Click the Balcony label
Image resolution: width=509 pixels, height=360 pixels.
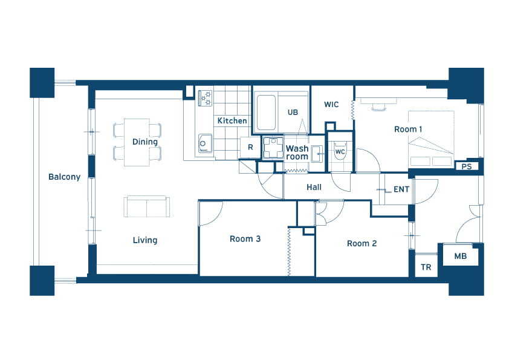pos(64,177)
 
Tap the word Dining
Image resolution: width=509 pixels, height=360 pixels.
pos(144,142)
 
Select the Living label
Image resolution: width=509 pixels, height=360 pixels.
pos(145,240)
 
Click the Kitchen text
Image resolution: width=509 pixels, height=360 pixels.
pos(232,121)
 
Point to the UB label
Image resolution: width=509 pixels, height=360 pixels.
pos(293,113)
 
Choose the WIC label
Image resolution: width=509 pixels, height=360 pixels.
pos(331,105)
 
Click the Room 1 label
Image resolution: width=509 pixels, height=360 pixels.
pos(408,129)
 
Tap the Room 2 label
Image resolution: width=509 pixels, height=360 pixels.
pos(362,244)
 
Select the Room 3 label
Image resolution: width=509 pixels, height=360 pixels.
pos(245,239)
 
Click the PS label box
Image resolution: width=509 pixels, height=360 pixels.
pos(467,166)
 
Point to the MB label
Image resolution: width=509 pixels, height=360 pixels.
pos(461,257)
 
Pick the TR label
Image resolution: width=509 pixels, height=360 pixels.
pos(426,267)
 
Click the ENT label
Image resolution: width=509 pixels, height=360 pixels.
pos(401,189)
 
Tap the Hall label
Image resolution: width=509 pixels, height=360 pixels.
pos(314,187)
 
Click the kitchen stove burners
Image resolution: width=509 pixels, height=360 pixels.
pos(205,98)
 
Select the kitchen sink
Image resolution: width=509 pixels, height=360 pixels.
pos(205,143)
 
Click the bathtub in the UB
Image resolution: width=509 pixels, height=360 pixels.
pos(266,113)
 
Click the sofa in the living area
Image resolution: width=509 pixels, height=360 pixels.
pos(147,206)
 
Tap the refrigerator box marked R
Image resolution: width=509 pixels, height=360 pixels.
pos(250,148)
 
